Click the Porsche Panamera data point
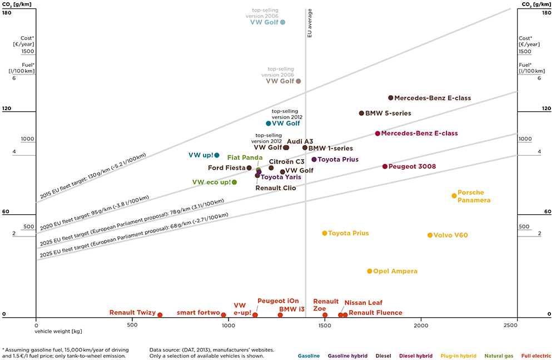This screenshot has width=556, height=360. pos(454,195)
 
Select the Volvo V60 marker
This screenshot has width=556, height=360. pos(430,235)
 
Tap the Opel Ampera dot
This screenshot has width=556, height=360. pos(369,271)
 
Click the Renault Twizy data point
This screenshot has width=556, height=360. pos(160,315)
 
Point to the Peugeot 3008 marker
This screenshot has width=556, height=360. pos(385,166)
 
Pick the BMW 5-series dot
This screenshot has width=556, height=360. pos(361,113)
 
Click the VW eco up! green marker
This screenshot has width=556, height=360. pos(234,182)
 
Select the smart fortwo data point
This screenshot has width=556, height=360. pos(224,315)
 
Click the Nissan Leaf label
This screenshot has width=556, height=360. pos(363,303)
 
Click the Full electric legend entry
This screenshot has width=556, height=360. pos(536,355)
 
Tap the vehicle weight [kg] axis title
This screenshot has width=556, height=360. pos(58,332)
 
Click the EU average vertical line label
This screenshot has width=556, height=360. pos(310,23)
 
